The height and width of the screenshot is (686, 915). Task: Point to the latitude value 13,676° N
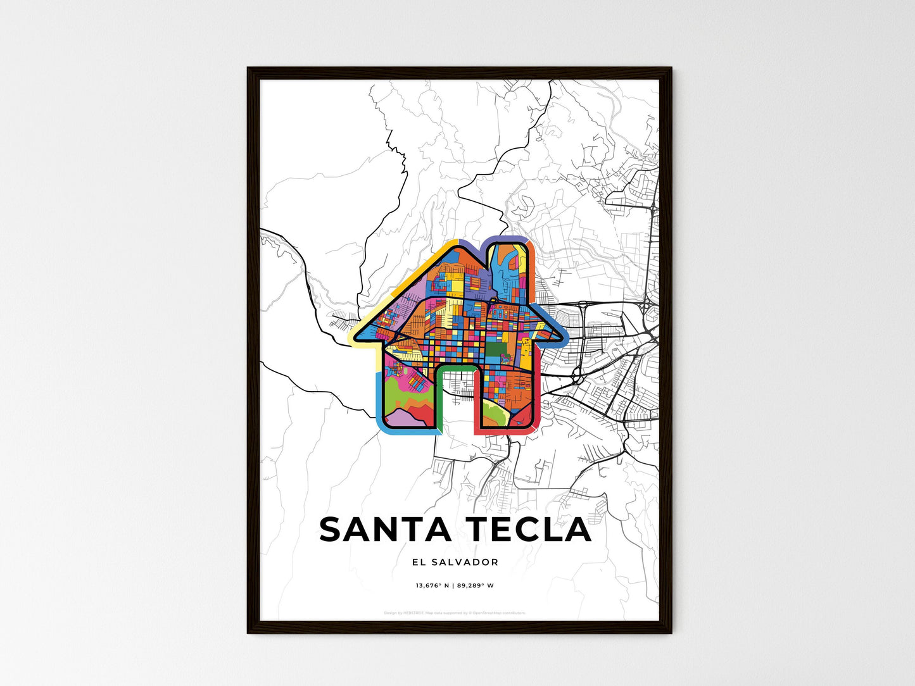pos(432,585)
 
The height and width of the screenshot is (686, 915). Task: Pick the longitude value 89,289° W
pos(476,585)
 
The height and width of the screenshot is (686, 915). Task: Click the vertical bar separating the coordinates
pos(453,585)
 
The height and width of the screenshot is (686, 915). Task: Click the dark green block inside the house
pos(497,349)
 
